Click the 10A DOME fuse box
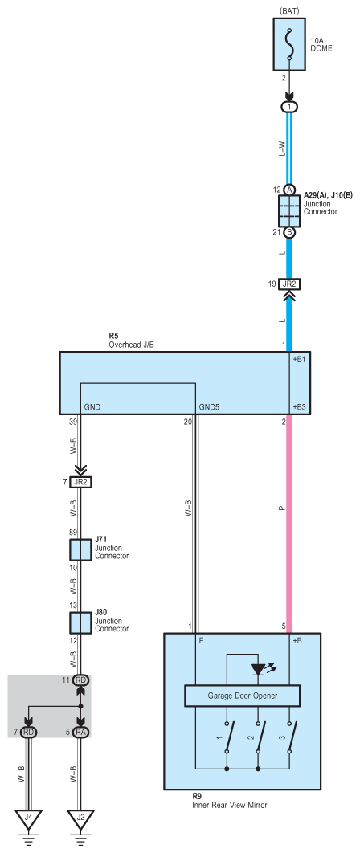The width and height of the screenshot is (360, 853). pyautogui.click(x=290, y=44)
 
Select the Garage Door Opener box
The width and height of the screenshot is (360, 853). pyautogui.click(x=243, y=696)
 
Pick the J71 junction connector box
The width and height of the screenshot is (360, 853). pyautogui.click(x=80, y=550)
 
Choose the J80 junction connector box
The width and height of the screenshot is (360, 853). pyautogui.click(x=80, y=623)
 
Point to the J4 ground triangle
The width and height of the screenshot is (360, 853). pyautogui.click(x=28, y=818)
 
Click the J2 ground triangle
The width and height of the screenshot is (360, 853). pyautogui.click(x=80, y=818)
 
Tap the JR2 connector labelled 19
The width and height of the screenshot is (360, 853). pyautogui.click(x=289, y=284)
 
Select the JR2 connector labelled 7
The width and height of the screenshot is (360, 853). pyautogui.click(x=80, y=481)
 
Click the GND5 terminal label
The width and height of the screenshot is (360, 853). pyautogui.click(x=210, y=406)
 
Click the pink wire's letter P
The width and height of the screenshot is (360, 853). pyautogui.click(x=281, y=508)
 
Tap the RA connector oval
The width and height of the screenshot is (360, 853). pyautogui.click(x=80, y=733)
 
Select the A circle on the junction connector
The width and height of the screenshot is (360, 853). pyautogui.click(x=290, y=190)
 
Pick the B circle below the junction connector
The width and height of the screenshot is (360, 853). pyautogui.click(x=290, y=232)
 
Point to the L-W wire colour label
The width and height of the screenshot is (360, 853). pyautogui.click(x=281, y=148)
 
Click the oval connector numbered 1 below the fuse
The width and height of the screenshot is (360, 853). pyautogui.click(x=289, y=107)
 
